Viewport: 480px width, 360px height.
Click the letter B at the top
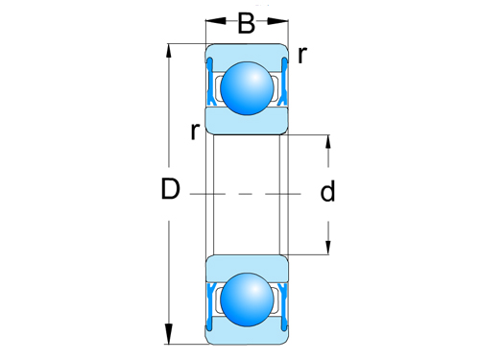(x=246, y=22)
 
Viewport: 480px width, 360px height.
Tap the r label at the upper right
(x=302, y=55)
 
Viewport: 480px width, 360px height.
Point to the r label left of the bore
(x=195, y=132)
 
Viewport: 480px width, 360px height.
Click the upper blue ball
(x=247, y=87)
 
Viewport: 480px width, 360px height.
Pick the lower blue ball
(x=247, y=300)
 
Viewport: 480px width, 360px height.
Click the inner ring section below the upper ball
(x=247, y=123)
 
